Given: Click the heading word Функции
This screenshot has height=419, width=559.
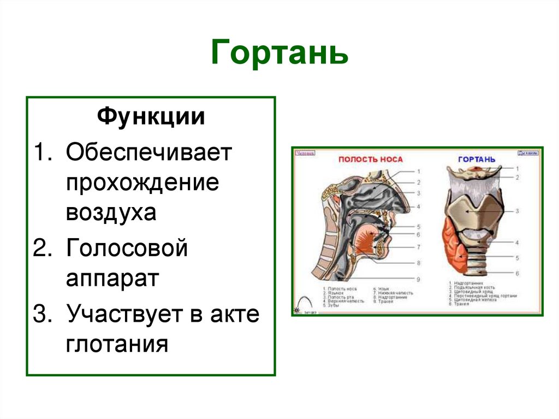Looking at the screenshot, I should point(151,117).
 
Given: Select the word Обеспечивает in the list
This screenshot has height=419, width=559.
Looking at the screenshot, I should point(149,153).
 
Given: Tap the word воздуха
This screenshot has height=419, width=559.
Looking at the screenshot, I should point(111,212).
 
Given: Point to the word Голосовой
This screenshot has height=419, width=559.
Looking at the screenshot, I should point(127,249).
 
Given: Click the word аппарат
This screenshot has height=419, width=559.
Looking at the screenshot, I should point(112,279).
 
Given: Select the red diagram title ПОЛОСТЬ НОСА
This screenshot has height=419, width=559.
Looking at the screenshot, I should point(371,159).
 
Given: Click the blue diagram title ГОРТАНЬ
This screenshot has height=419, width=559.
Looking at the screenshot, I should point(477,159).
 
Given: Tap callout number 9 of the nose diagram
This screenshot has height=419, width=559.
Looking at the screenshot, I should point(418,279).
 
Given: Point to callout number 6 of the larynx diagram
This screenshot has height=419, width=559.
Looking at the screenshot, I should point(516,273).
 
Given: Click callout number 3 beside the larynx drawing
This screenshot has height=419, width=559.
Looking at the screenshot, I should point(516,210).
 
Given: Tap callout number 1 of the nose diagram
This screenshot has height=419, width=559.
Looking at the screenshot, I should point(418,171).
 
